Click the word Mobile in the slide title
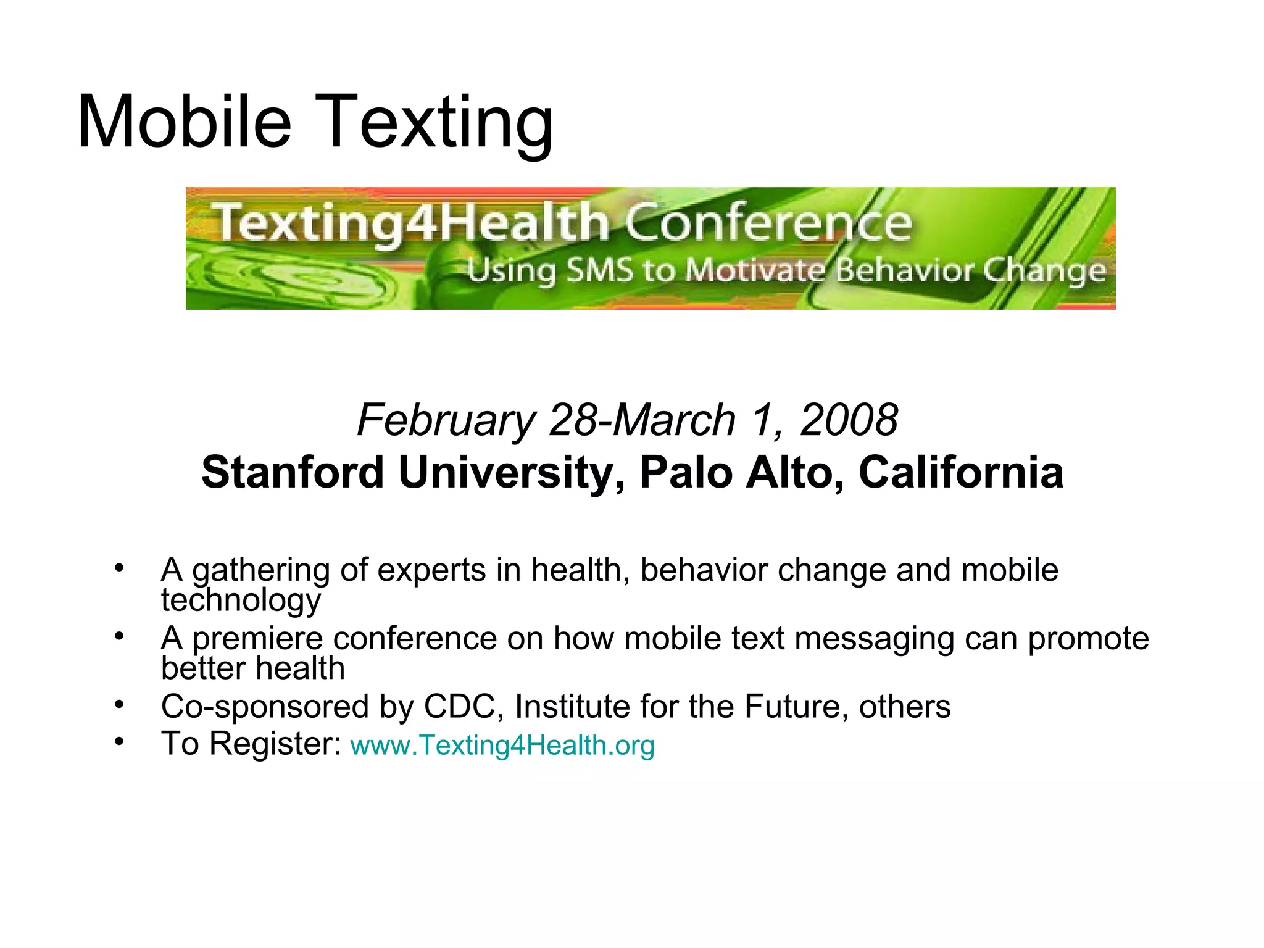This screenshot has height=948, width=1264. pos(184,122)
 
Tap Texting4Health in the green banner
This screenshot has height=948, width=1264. pos(412,223)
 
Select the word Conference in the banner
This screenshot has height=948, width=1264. pos(768,223)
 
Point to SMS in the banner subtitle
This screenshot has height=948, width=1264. pos(599,270)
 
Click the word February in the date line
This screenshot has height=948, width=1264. pos(446,420)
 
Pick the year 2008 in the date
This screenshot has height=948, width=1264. pos(849,420)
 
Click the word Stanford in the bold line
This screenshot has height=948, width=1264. pos(293,472)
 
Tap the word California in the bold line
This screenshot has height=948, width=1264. pos(961,472)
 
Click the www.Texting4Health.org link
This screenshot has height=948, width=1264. pos(502,745)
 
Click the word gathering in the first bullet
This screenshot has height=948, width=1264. pos(261,570)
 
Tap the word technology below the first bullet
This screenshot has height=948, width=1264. pos(241,600)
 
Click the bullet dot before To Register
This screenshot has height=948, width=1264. pos(119,741)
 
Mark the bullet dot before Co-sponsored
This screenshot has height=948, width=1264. pos(119,704)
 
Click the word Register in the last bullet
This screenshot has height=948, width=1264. pos(275,743)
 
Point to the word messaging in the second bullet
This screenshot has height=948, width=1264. pos(875,638)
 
